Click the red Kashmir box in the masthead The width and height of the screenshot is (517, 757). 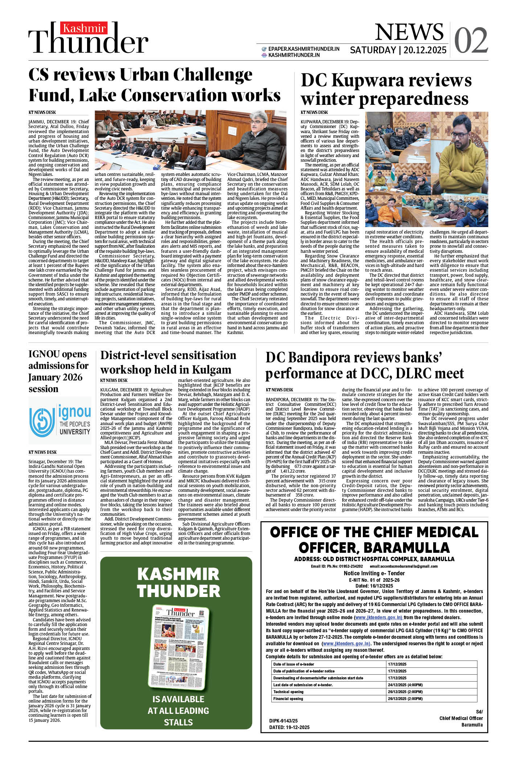(x=85, y=28)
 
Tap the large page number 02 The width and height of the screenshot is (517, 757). (x=471, y=40)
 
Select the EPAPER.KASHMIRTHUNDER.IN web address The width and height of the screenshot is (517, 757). (x=304, y=49)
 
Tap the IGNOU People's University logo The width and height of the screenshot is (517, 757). (x=60, y=421)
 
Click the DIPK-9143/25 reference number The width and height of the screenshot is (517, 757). (x=283, y=721)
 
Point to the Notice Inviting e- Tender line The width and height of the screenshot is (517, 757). (x=374, y=573)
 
